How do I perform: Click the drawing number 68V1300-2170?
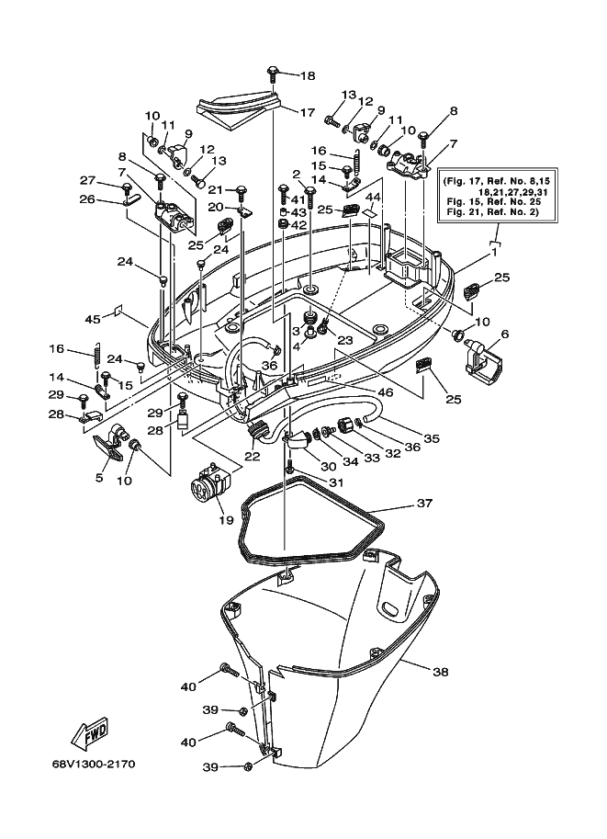click(94, 764)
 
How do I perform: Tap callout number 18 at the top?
click(308, 76)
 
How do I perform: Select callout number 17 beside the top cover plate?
click(307, 113)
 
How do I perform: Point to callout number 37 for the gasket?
click(424, 504)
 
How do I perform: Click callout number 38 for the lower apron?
click(440, 672)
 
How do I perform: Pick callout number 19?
click(226, 519)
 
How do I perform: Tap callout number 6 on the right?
click(505, 334)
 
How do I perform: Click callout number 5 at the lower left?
click(99, 477)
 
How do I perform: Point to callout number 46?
click(385, 392)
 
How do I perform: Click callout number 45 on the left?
click(93, 320)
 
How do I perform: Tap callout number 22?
click(253, 457)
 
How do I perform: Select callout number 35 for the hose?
click(432, 438)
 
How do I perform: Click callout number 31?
click(335, 482)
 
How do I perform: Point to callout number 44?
click(373, 198)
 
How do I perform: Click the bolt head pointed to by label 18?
click(274, 71)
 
